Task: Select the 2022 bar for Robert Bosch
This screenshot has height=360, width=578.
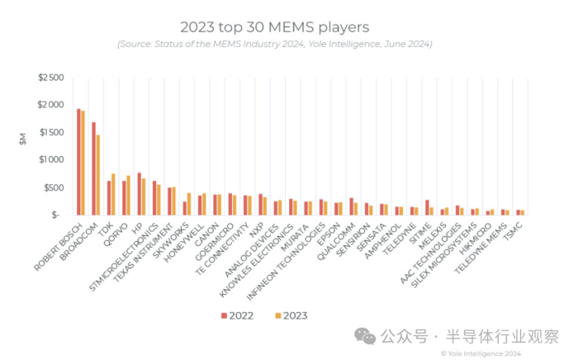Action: click(78, 162)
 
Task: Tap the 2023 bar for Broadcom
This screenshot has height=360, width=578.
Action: click(98, 174)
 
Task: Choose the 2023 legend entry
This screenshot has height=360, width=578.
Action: click(288, 315)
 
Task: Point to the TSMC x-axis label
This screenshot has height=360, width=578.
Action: click(513, 230)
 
